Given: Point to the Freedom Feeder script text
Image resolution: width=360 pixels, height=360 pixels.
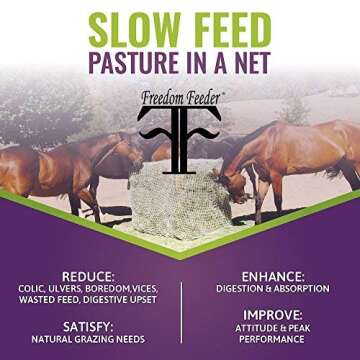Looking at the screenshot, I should point(180,98).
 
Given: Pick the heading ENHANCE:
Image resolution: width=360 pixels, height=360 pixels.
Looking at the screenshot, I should point(271,275).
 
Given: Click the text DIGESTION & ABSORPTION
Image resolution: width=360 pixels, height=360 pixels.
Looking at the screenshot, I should point(271,288).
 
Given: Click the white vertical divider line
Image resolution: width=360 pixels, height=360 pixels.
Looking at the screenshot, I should point(181,311).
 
